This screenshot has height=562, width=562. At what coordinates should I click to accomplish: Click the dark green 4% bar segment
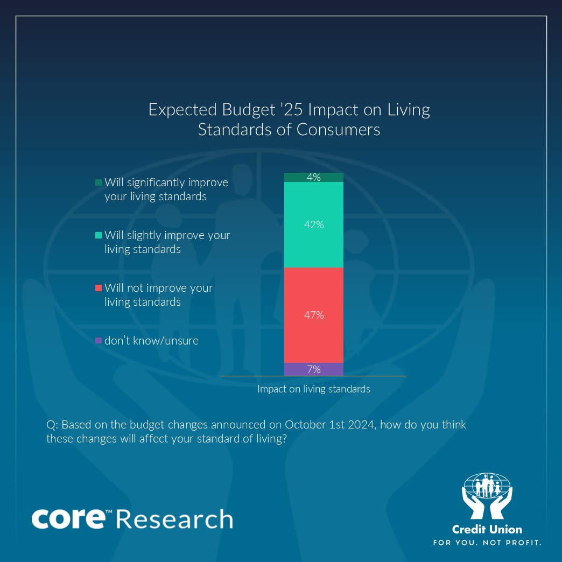pyautogui.click(x=314, y=177)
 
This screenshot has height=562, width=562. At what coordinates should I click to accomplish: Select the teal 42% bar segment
pyautogui.click(x=314, y=224)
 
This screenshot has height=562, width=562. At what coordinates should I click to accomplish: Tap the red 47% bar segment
pyautogui.click(x=314, y=315)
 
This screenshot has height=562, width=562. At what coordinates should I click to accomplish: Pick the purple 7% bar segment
pyautogui.click(x=314, y=369)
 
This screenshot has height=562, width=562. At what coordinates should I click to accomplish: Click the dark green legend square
pyautogui.click(x=98, y=182)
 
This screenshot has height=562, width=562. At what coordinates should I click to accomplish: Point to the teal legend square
pyautogui.click(x=98, y=235)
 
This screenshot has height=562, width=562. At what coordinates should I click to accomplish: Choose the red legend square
pyautogui.click(x=98, y=288)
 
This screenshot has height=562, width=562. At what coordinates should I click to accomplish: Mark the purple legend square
pyautogui.click(x=98, y=340)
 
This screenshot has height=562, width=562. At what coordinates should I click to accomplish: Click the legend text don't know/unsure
pyautogui.click(x=151, y=340)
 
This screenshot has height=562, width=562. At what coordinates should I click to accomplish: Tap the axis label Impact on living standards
pyautogui.click(x=314, y=389)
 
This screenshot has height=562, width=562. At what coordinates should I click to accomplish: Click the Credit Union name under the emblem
pyautogui.click(x=487, y=529)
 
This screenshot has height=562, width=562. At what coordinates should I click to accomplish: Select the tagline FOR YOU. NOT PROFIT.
pyautogui.click(x=487, y=542)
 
